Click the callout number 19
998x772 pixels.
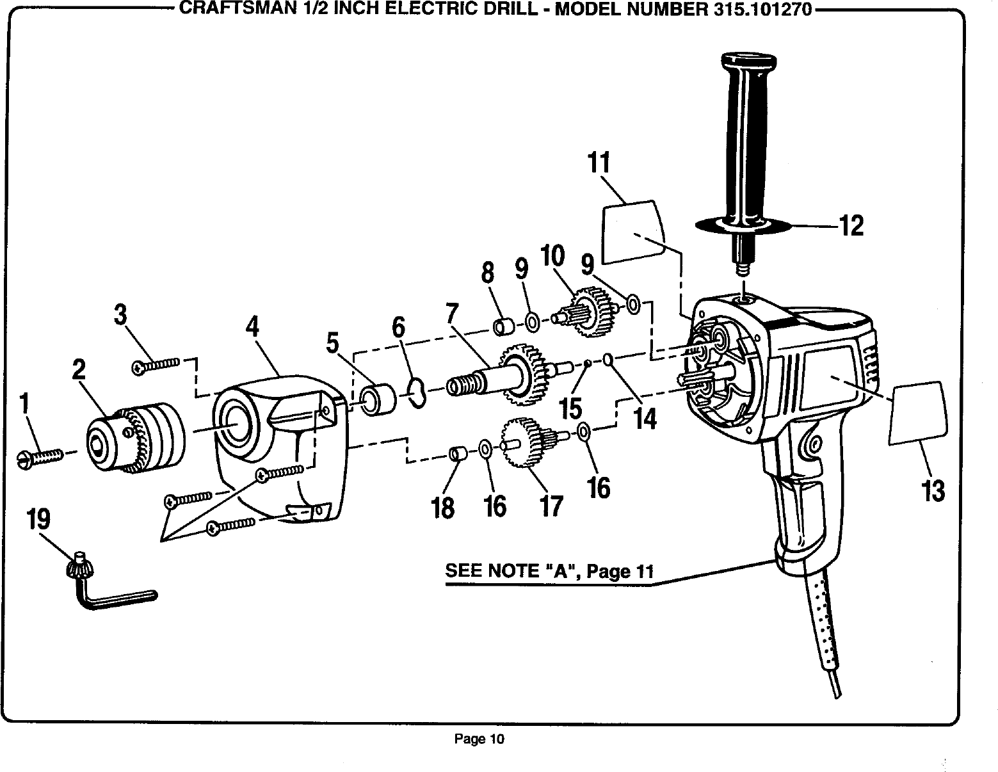[38, 519]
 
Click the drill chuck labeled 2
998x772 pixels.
[136, 437]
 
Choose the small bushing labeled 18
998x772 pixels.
[457, 454]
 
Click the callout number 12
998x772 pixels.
[851, 225]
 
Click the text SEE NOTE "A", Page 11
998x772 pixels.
[549, 570]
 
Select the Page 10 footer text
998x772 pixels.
[479, 739]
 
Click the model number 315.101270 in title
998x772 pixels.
[757, 9]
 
